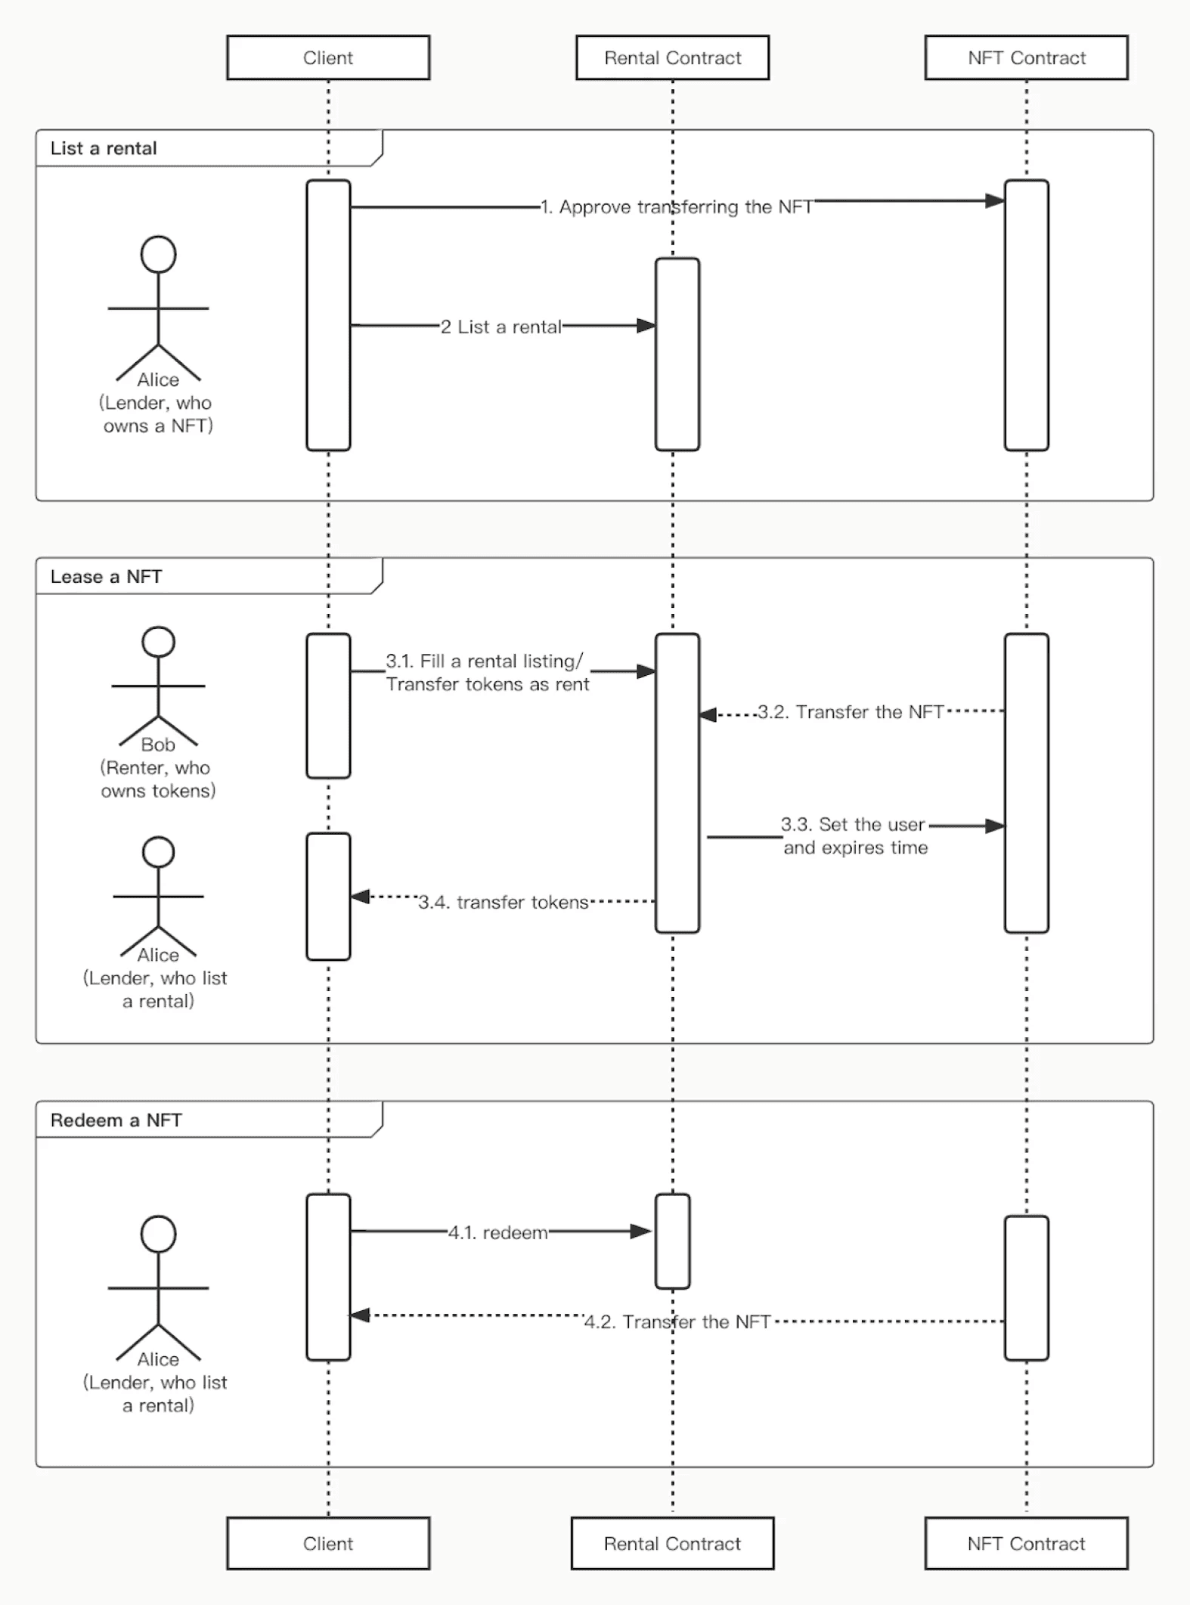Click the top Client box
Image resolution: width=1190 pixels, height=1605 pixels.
pos(328,57)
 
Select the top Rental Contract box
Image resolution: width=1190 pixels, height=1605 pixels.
pos(672,57)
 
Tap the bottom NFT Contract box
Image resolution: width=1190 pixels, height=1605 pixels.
pos(1026,1543)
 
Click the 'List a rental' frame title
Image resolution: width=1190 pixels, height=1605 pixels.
pos(104,148)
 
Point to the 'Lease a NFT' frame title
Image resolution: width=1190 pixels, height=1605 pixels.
pos(106,577)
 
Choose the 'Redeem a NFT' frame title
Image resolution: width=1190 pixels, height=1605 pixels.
pos(116,1120)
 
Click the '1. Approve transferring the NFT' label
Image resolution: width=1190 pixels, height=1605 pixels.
pos(676,207)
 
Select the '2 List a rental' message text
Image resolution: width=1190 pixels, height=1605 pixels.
pos(501,327)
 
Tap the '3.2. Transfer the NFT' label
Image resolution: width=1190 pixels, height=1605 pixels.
pos(851,712)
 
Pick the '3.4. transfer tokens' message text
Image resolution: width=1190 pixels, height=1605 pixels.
pos(503,902)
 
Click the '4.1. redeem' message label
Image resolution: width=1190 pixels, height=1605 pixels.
pos(497,1232)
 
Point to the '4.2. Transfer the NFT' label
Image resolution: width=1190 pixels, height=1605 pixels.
pos(677,1321)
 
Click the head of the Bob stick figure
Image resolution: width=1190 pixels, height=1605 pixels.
pos(159,642)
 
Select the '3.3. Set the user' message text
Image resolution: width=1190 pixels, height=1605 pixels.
pos(853,824)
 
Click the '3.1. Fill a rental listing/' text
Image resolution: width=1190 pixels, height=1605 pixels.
pos(485,662)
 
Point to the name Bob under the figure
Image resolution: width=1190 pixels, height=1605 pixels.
pos(158,745)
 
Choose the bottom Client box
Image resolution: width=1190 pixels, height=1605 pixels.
pos(328,1543)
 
